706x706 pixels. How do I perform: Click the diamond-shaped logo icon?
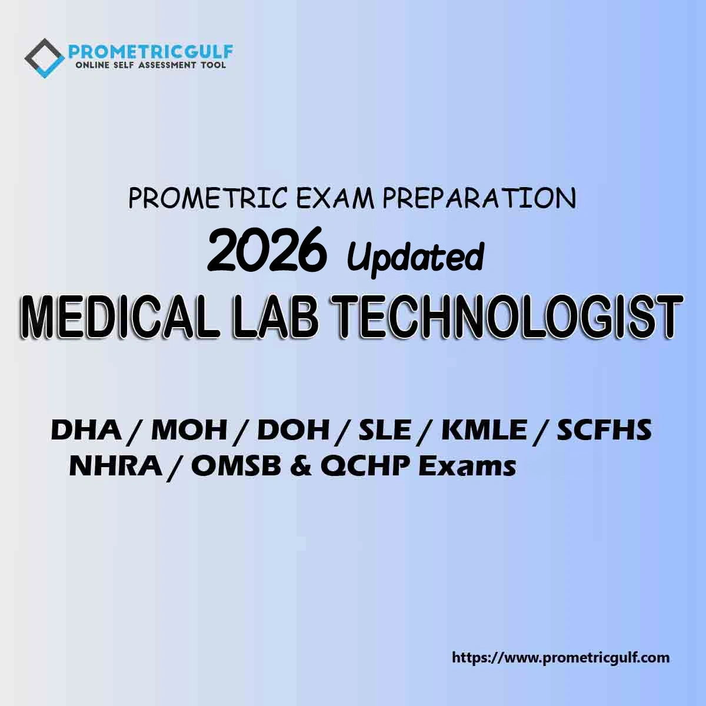pyautogui.click(x=45, y=58)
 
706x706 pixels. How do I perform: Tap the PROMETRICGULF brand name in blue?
pyautogui.click(x=151, y=52)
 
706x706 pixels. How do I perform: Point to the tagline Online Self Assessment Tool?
pyautogui.click(x=150, y=65)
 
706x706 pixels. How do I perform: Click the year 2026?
pyautogui.click(x=267, y=249)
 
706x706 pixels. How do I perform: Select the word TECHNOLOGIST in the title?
pyautogui.click(x=507, y=316)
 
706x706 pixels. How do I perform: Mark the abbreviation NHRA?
pyautogui.click(x=116, y=467)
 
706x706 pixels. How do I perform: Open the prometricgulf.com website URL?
pyautogui.click(x=561, y=657)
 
